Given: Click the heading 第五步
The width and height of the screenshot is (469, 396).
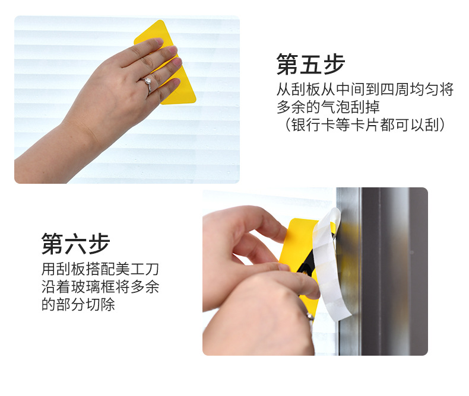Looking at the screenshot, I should [x=310, y=64].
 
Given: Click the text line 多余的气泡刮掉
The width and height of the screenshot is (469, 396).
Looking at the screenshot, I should [x=328, y=107].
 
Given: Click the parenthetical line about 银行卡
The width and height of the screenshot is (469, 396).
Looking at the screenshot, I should [x=365, y=125].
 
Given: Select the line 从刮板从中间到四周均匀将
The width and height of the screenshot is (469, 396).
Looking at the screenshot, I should [x=365, y=90].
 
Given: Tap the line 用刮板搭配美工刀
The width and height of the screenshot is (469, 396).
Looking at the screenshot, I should [x=100, y=269].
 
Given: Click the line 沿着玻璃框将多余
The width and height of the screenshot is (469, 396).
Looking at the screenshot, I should [x=100, y=287].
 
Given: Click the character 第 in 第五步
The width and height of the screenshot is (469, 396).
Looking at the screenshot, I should [x=288, y=64].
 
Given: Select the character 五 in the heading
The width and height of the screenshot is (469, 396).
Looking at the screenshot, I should [x=310, y=64].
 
